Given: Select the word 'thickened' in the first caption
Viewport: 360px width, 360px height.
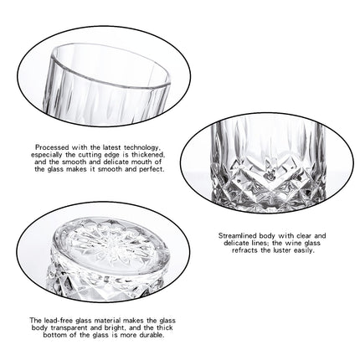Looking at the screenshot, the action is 148,155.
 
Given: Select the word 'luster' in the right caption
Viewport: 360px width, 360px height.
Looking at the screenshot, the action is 281,250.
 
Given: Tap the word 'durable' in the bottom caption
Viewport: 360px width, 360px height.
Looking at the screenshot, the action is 152,335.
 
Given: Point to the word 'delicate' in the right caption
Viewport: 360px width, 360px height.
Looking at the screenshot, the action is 236,243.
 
